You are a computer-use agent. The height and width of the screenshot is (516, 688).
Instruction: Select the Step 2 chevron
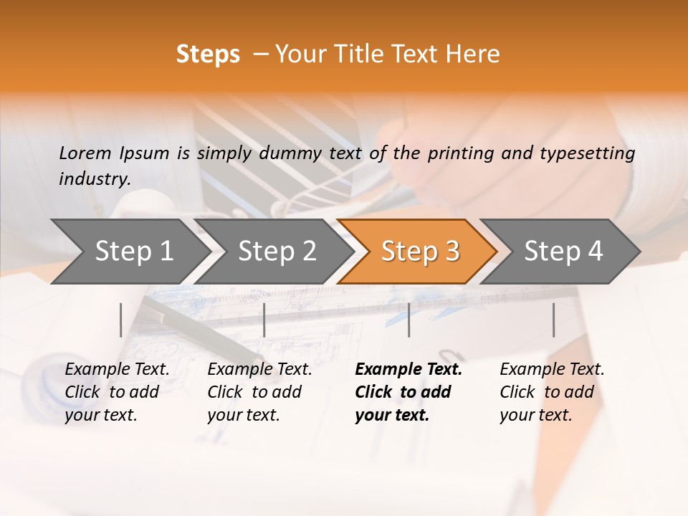(x=276, y=252)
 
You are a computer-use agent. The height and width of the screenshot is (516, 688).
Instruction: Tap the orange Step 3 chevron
(x=419, y=252)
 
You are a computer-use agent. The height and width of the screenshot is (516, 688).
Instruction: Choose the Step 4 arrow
(x=563, y=252)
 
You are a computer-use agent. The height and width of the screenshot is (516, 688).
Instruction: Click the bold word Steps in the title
(x=208, y=54)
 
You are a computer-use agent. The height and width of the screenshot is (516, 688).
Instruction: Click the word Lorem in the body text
(x=85, y=153)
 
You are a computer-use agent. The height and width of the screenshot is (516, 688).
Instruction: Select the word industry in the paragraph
(x=94, y=179)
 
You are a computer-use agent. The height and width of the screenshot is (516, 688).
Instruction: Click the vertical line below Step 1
(x=121, y=320)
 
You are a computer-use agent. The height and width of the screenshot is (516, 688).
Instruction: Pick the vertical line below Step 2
(x=264, y=320)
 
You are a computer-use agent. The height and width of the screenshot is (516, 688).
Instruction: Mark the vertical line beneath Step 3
(x=409, y=320)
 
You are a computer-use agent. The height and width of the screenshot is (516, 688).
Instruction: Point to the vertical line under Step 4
(x=554, y=320)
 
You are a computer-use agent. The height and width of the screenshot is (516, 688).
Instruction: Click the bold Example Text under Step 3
(x=408, y=370)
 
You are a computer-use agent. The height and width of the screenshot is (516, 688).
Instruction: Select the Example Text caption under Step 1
(x=117, y=370)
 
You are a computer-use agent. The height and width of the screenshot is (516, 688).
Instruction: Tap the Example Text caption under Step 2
(x=259, y=370)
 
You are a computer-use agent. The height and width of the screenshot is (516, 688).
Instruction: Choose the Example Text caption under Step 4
(x=552, y=370)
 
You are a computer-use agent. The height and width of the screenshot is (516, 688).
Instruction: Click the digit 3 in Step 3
(x=451, y=252)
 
